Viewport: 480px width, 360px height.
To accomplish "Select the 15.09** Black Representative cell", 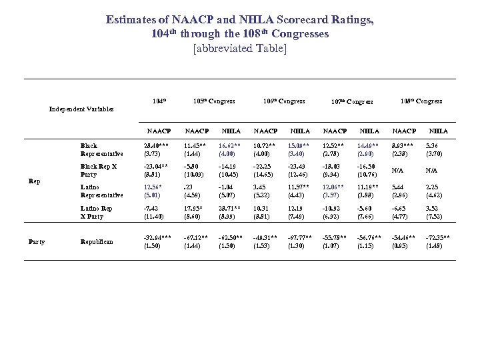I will tap(299, 145).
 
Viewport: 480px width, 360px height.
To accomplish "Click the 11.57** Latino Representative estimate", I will tap(299, 187).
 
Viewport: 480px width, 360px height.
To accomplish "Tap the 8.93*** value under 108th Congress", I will tap(404, 145).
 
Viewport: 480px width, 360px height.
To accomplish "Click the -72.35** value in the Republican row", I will tap(438, 237).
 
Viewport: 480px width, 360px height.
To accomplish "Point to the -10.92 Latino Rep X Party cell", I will tap(334, 208).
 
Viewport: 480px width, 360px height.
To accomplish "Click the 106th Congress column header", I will tap(283, 101).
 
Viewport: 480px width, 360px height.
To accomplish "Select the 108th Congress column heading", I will tap(421, 101).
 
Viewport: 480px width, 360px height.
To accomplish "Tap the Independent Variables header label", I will tap(81, 109).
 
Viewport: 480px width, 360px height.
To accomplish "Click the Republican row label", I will tap(97, 241).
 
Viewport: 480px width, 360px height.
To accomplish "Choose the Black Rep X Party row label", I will tap(98, 169).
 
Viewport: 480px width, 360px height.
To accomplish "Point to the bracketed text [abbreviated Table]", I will tap(239, 49).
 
